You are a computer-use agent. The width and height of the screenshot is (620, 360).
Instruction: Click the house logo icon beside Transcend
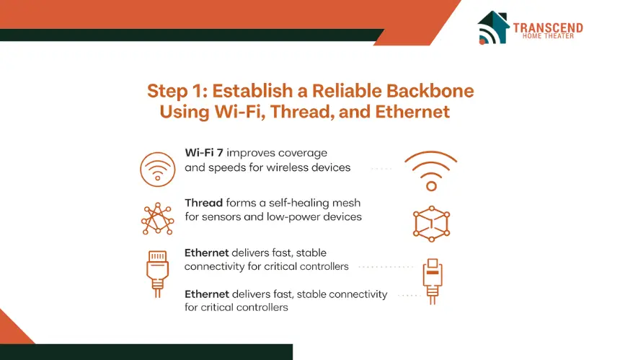pos(493,27)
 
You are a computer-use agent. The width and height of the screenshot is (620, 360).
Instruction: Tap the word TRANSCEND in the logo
pos(548,27)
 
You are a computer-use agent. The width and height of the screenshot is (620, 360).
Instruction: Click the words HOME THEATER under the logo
pos(548,36)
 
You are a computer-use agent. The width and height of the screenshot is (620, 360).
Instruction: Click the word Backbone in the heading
pos(430,91)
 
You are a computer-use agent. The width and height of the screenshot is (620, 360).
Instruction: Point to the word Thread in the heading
pos(301,112)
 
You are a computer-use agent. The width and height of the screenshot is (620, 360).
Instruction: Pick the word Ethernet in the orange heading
pos(412,112)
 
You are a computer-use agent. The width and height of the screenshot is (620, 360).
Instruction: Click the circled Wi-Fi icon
pos(157,170)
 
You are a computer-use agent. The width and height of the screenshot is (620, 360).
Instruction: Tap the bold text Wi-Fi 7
pos(204,153)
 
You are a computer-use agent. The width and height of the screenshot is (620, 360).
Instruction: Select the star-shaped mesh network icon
pos(157,219)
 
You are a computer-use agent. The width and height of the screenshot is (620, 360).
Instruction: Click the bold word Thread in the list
pos(203,203)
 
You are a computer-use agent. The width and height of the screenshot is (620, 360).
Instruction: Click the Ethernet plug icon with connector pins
pos(157,273)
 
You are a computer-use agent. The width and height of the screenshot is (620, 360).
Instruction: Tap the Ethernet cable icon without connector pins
pos(432,281)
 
